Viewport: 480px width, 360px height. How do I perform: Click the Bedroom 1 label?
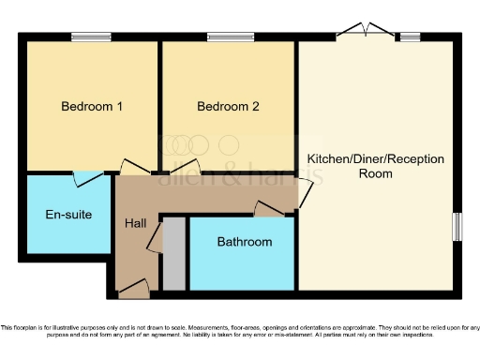click(92, 107)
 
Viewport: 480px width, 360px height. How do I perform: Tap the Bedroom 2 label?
click(228, 107)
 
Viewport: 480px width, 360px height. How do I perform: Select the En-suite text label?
click(68, 215)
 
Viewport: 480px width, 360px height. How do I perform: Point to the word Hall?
click(135, 224)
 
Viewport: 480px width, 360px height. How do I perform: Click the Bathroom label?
click(245, 242)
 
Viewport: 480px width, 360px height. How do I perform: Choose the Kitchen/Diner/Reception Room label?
click(376, 166)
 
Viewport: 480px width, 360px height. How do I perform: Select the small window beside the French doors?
click(410, 37)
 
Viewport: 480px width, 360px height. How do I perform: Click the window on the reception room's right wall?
click(457, 226)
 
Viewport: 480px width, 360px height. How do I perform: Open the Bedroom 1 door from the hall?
click(134, 169)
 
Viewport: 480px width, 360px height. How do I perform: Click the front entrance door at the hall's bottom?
click(132, 289)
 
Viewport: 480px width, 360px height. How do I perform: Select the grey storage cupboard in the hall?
click(173, 254)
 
